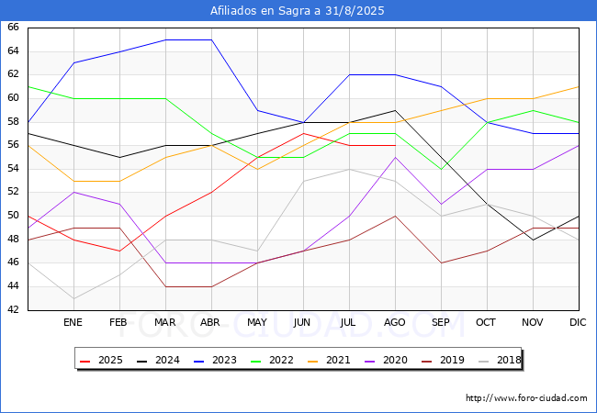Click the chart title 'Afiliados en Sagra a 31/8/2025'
[x=297, y=11]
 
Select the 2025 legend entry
[x=101, y=360]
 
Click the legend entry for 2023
[x=215, y=360]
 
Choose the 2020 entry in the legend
[x=386, y=360]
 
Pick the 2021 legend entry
[x=329, y=360]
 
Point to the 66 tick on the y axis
[x=13, y=27]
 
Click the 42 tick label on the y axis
[x=13, y=309]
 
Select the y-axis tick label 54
[x=13, y=168]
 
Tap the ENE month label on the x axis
[x=73, y=322]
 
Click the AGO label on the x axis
[x=394, y=322]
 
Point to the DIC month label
[x=578, y=322]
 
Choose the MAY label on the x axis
[x=257, y=322]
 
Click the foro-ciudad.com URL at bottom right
[x=526, y=398]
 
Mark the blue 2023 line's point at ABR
[x=211, y=39]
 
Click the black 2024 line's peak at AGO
[x=395, y=110]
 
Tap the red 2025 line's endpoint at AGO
[x=395, y=146]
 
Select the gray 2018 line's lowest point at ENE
[x=73, y=298]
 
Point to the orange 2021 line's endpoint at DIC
[x=579, y=86]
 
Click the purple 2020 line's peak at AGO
[x=395, y=157]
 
